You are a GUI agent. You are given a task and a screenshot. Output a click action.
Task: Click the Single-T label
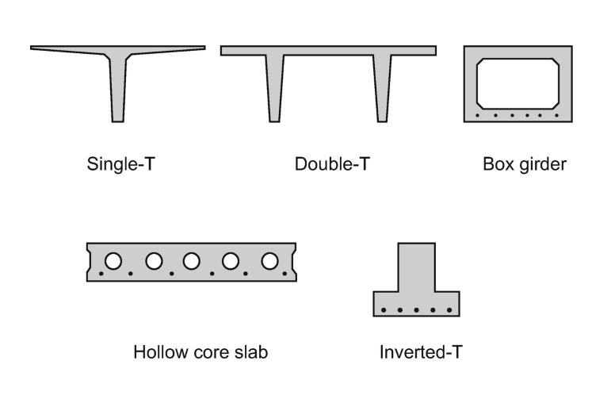(120, 164)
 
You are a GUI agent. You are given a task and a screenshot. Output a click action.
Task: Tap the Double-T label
(332, 164)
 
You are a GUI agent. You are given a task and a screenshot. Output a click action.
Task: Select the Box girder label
(525, 164)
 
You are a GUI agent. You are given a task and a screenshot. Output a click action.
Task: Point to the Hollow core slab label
(200, 352)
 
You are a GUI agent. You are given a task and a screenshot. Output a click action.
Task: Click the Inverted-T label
(421, 352)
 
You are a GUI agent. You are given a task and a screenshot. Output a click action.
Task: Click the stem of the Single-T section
(117, 90)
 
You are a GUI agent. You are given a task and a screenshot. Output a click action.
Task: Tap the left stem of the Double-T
(275, 89)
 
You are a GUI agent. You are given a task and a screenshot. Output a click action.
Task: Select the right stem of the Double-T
(382, 89)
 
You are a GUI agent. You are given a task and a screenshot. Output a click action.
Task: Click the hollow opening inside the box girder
(517, 83)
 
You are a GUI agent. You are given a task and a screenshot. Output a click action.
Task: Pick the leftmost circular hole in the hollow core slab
(113, 261)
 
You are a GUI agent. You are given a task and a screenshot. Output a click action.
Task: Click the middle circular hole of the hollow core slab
(191, 261)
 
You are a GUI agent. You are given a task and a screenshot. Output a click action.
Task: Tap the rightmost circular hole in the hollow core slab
(269, 261)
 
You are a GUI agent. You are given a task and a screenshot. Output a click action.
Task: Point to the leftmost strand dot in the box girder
(477, 116)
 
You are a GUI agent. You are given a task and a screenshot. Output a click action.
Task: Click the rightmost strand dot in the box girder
(556, 116)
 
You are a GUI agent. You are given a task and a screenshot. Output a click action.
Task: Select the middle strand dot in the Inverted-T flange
(417, 310)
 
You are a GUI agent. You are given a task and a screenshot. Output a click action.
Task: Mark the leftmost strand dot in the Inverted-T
(384, 310)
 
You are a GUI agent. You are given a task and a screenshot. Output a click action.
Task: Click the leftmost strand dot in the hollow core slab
(101, 274)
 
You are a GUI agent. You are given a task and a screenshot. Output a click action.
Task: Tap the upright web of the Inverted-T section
(417, 267)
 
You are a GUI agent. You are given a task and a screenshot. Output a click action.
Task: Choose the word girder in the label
(543, 165)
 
